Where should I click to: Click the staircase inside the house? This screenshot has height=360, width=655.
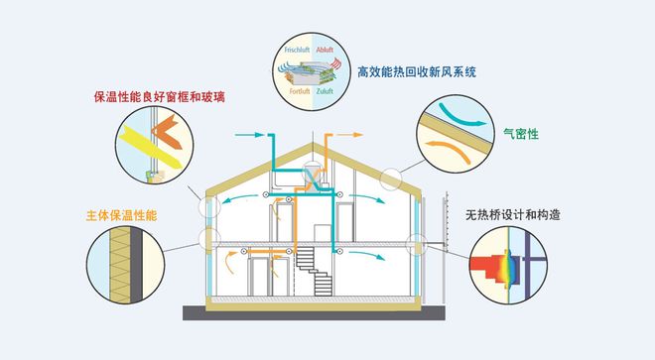[x=319, y=268]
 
